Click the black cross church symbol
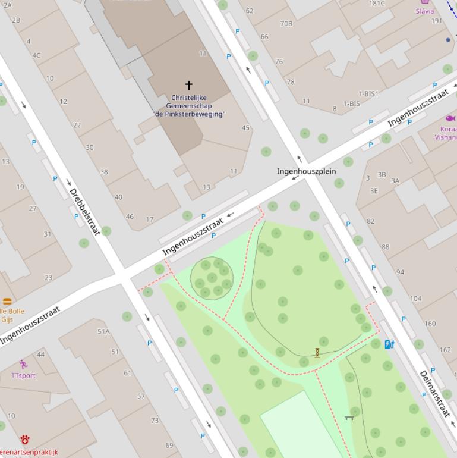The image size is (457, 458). click(x=189, y=86)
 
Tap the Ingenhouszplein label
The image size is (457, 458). click(x=306, y=171)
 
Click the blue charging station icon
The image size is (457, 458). click(x=389, y=344)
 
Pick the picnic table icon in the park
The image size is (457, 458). click(x=349, y=418)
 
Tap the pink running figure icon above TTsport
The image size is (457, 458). click(x=23, y=364)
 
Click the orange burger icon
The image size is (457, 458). click(x=7, y=302)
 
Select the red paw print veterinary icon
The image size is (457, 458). click(x=25, y=440)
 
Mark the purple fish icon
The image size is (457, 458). click(x=450, y=118)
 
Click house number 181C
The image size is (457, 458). click(x=377, y=4)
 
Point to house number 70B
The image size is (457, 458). click(x=286, y=24)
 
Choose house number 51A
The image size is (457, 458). click(x=103, y=331)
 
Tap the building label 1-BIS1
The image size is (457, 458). click(x=368, y=94)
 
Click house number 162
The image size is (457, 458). click(x=445, y=350)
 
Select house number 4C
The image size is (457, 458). click(x=37, y=55)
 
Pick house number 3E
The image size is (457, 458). click(x=374, y=191)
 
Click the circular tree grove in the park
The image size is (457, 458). click(x=212, y=278)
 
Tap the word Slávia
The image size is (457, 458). click(x=425, y=11)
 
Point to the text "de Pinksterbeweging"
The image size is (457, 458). click(x=189, y=114)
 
